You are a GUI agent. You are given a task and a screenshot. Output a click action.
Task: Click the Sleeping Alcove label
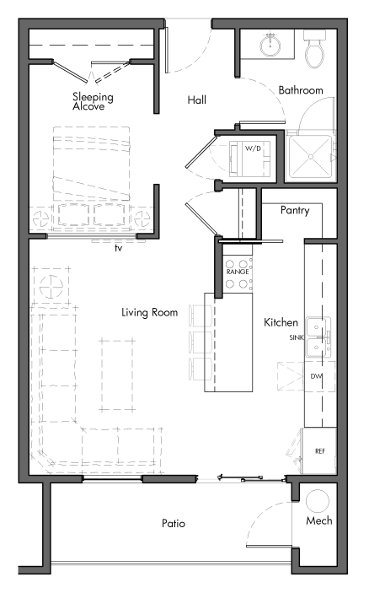click(93, 102)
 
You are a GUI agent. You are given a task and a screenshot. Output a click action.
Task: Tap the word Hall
click(196, 101)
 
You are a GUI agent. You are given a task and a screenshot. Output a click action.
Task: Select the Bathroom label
click(301, 90)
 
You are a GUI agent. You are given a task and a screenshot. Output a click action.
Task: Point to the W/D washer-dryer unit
click(252, 148)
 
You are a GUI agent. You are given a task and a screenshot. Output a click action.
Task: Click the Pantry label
click(295, 211)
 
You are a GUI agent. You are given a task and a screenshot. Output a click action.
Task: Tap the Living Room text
click(149, 313)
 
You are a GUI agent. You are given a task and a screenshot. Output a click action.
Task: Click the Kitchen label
click(281, 323)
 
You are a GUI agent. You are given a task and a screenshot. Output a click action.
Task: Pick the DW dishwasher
click(317, 376)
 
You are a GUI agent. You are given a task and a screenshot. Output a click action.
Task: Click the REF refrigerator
click(320, 450)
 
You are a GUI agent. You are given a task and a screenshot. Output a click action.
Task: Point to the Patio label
click(174, 524)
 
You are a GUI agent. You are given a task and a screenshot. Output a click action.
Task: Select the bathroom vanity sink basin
click(271, 43)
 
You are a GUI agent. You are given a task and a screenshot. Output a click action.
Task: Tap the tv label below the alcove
click(119, 248)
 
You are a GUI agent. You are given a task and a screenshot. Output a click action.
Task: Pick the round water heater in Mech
click(319, 500)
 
